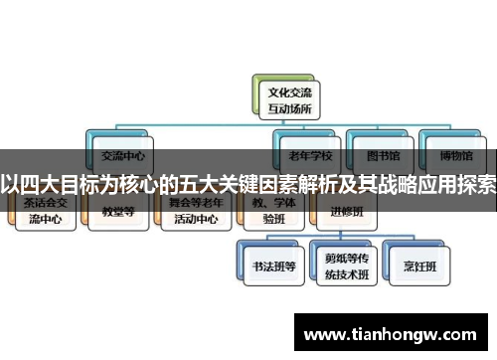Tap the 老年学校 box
[x=309, y=156]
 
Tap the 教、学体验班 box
[x=269, y=212]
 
